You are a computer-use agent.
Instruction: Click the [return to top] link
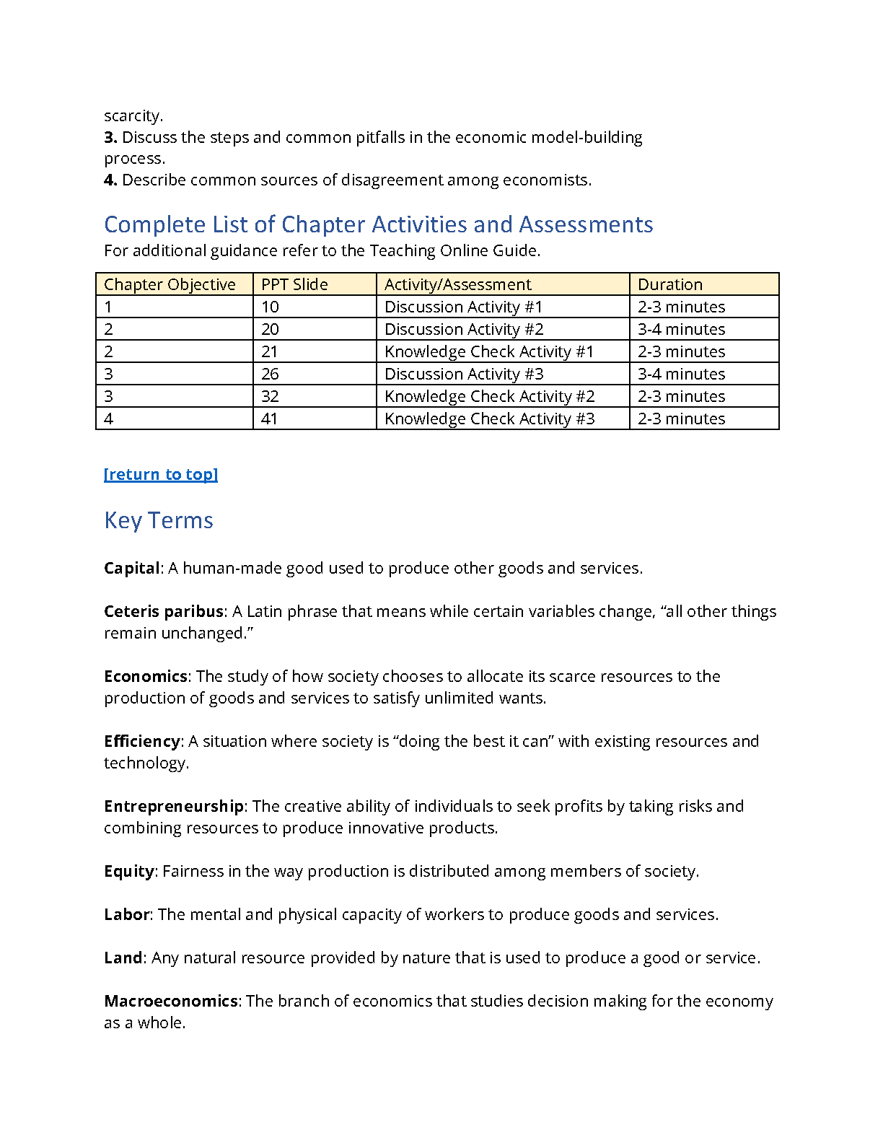161,474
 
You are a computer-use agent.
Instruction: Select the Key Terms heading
159,520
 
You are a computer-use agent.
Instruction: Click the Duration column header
670,284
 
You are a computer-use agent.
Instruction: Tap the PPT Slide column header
294,284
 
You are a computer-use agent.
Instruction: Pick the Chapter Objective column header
170,284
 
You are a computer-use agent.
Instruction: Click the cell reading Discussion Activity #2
464,329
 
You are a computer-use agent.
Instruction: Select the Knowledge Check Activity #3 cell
490,419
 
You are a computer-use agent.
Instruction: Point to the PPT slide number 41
270,419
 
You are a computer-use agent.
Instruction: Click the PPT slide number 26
270,374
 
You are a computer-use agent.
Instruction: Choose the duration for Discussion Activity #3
682,374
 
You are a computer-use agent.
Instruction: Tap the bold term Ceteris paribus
164,611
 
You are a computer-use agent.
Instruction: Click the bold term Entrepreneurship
174,806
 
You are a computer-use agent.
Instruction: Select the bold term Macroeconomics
171,1001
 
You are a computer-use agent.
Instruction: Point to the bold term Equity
129,871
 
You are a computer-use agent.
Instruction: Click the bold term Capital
131,568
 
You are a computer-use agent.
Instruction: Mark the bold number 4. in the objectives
110,180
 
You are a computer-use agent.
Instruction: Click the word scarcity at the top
133,115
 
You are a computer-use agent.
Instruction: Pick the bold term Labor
127,914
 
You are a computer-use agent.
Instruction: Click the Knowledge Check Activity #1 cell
489,351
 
